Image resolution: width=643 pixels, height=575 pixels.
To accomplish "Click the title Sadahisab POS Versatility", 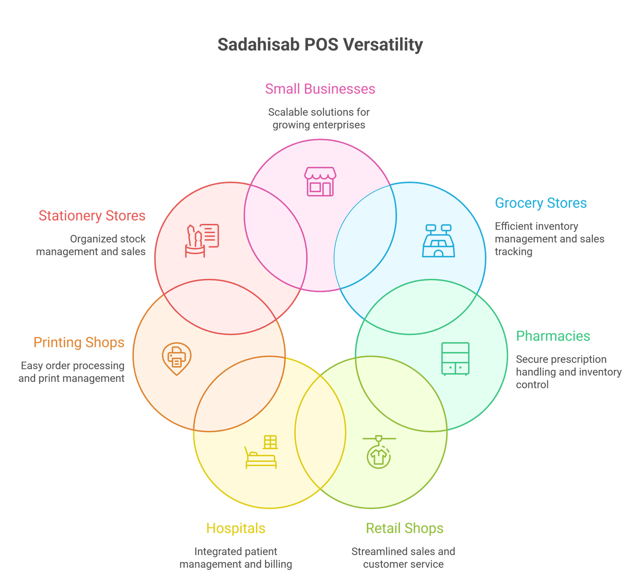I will point(320,44).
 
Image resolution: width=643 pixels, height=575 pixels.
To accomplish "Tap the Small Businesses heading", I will point(320,89).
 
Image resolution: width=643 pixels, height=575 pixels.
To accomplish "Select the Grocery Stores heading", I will point(541,203).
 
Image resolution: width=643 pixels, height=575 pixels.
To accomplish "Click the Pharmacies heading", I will point(553,336).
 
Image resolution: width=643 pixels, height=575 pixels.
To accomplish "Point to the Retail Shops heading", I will point(404,528).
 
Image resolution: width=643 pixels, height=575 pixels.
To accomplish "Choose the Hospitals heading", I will point(236,528).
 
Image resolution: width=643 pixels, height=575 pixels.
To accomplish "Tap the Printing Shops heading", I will point(79,343).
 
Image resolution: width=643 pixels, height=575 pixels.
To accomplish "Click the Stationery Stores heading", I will point(92,216).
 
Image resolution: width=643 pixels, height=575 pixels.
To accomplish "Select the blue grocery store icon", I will point(438,241).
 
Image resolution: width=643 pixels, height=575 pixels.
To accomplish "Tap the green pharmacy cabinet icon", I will point(455,359).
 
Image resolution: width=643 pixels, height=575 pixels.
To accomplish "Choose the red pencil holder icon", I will point(202,240).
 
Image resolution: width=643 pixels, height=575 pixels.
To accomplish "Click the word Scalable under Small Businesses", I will point(286,112).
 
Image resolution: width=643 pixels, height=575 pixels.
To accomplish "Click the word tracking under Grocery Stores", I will point(514,252).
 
